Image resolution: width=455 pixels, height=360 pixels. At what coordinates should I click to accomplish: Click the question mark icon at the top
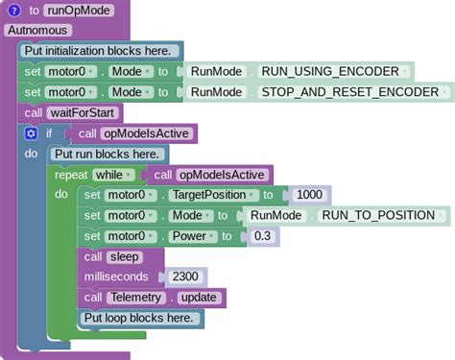14,11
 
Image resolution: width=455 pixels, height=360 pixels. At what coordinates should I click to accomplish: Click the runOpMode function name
78,11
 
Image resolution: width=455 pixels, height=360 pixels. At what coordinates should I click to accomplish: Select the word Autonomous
37,31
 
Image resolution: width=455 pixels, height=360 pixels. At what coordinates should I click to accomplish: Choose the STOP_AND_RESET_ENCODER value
349,92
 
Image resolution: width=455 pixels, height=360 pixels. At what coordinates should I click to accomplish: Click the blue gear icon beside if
31,133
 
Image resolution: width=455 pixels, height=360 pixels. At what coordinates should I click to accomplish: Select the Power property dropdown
191,236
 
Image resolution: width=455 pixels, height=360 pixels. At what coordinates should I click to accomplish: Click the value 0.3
261,236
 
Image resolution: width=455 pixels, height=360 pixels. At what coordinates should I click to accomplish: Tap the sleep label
124,256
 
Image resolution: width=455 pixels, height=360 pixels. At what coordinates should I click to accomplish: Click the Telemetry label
134,298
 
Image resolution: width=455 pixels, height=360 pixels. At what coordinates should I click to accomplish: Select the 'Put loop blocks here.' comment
138,318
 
